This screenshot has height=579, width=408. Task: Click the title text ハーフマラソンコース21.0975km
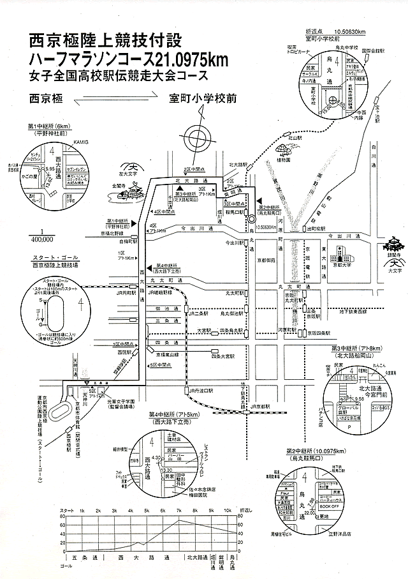coord(127,59)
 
